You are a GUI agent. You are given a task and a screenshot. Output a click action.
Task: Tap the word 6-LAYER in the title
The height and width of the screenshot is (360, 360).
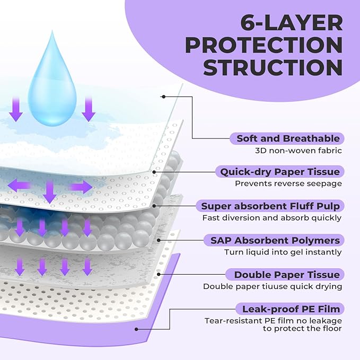click(x=291, y=23)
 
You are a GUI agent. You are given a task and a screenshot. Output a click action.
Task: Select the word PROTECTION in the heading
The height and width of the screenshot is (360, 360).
click(x=263, y=46)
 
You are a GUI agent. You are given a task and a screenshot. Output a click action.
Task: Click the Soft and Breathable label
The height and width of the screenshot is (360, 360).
click(x=288, y=138)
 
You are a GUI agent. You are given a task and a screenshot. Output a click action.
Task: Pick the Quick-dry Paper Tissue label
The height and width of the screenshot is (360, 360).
click(x=280, y=172)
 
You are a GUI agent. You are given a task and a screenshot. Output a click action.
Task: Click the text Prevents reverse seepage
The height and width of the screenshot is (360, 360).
click(x=288, y=184)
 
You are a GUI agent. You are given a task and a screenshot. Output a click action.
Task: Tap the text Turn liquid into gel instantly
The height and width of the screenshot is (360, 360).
click(x=283, y=252)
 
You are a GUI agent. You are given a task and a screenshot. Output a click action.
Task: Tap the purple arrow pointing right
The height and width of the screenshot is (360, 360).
click(x=81, y=187)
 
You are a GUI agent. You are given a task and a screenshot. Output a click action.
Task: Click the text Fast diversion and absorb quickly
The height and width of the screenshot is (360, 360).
click(x=272, y=218)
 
